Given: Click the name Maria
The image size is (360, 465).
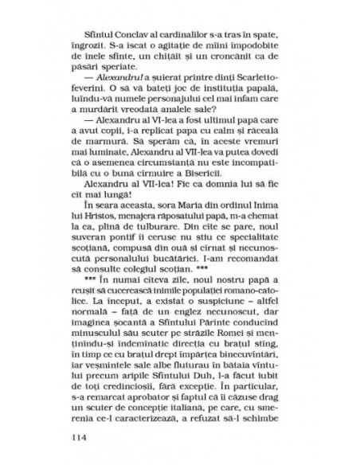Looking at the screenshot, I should click(178, 214).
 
